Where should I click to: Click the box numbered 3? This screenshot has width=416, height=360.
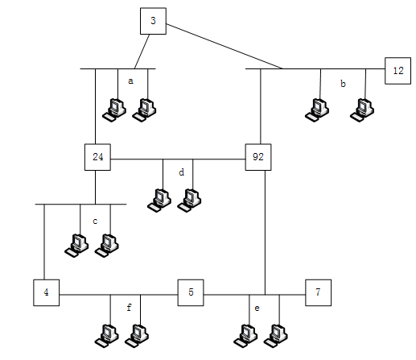pos(153,21)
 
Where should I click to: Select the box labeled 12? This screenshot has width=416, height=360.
pos(397,71)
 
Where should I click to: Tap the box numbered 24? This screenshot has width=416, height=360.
pos(97,157)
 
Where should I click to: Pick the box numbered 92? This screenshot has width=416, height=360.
pos(258,157)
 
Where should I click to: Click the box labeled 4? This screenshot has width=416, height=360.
pos(47,292)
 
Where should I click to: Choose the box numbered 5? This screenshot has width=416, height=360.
pos(191,292)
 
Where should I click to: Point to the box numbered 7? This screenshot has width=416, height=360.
pos(319,292)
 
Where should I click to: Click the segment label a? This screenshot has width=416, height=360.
pos(130,81)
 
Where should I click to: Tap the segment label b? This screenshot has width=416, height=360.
pos(343,84)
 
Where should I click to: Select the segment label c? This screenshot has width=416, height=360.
pos(95,221)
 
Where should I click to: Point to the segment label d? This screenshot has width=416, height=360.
pos(182,172)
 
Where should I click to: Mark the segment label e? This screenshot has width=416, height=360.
pos(257,308)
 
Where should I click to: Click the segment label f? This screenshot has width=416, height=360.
pos(129,307)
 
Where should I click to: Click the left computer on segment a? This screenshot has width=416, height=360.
pos(114,110)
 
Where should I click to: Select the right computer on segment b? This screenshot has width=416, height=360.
pos(362,110)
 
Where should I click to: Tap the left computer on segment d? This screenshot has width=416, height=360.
pos(159,201)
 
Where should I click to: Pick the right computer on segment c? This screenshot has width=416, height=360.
pos(107,246)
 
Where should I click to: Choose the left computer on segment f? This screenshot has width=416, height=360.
pos(107,336)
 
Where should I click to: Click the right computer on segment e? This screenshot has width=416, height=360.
pos(276,336)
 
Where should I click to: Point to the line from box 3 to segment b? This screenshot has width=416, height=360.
pos(224,47)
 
